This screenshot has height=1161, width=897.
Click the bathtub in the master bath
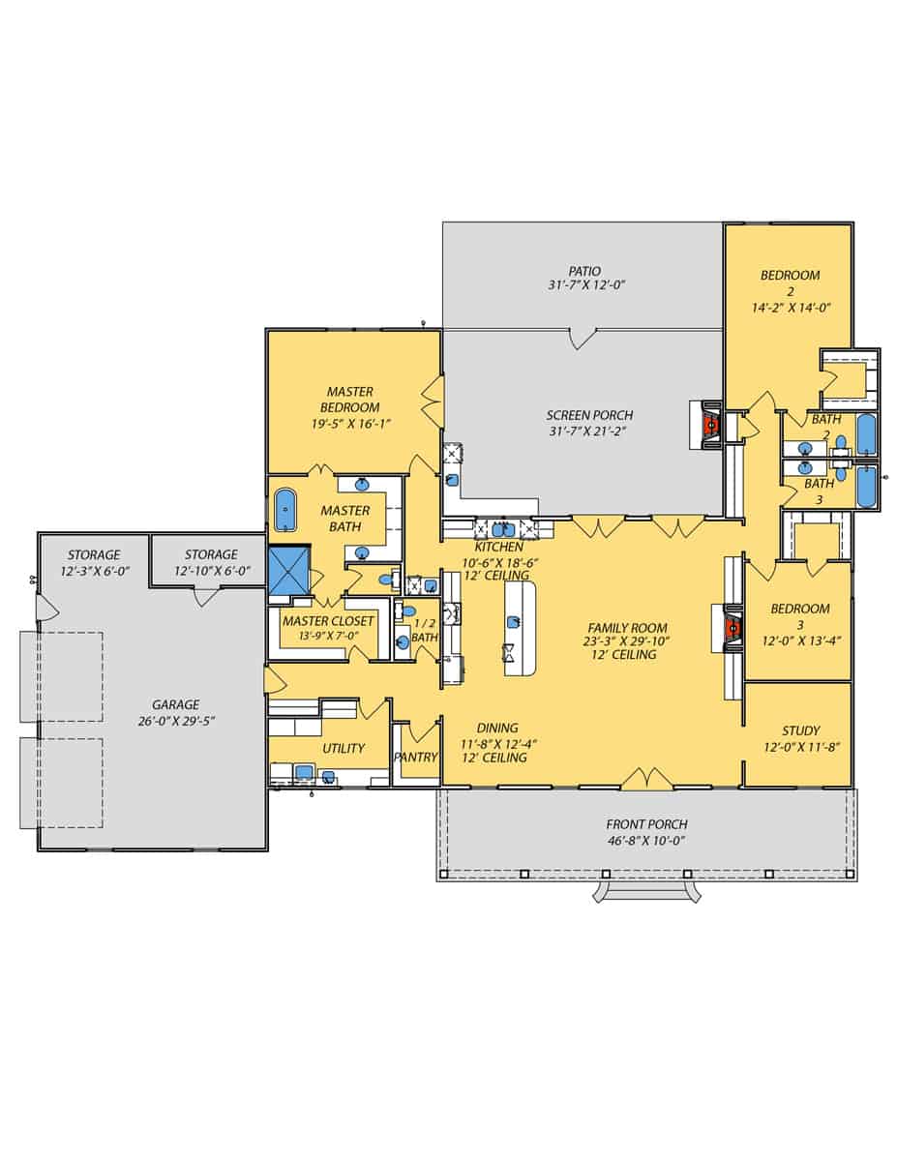click(x=285, y=510)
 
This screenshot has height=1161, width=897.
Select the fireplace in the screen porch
click(x=709, y=425)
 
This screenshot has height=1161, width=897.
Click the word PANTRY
click(x=416, y=757)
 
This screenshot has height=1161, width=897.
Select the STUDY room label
click(x=800, y=730)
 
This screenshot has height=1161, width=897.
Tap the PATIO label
click(x=583, y=271)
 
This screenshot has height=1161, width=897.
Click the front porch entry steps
click(x=647, y=890)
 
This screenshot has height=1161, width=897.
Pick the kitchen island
click(x=520, y=629)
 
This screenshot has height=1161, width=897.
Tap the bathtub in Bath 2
click(x=866, y=434)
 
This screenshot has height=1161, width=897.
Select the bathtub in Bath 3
click(x=866, y=487)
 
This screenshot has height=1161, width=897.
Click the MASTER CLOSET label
click(x=328, y=620)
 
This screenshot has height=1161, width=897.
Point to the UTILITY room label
click(x=344, y=748)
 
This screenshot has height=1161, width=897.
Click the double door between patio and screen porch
click(x=583, y=338)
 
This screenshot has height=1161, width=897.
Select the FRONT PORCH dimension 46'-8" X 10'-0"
click(x=645, y=840)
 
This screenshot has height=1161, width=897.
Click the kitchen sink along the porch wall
click(x=501, y=529)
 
